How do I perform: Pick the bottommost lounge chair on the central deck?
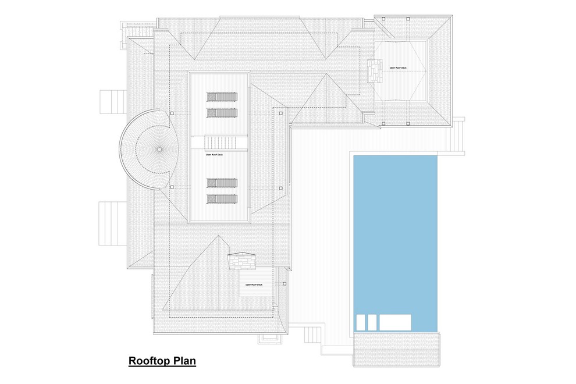[x=221, y=200]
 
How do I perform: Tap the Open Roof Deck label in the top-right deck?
[x=398, y=67]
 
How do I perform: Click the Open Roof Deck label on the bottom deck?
[x=254, y=285]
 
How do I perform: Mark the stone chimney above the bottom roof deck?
[x=241, y=261]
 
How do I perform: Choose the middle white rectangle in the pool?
[x=372, y=321]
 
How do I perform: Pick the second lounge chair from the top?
[x=221, y=111]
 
